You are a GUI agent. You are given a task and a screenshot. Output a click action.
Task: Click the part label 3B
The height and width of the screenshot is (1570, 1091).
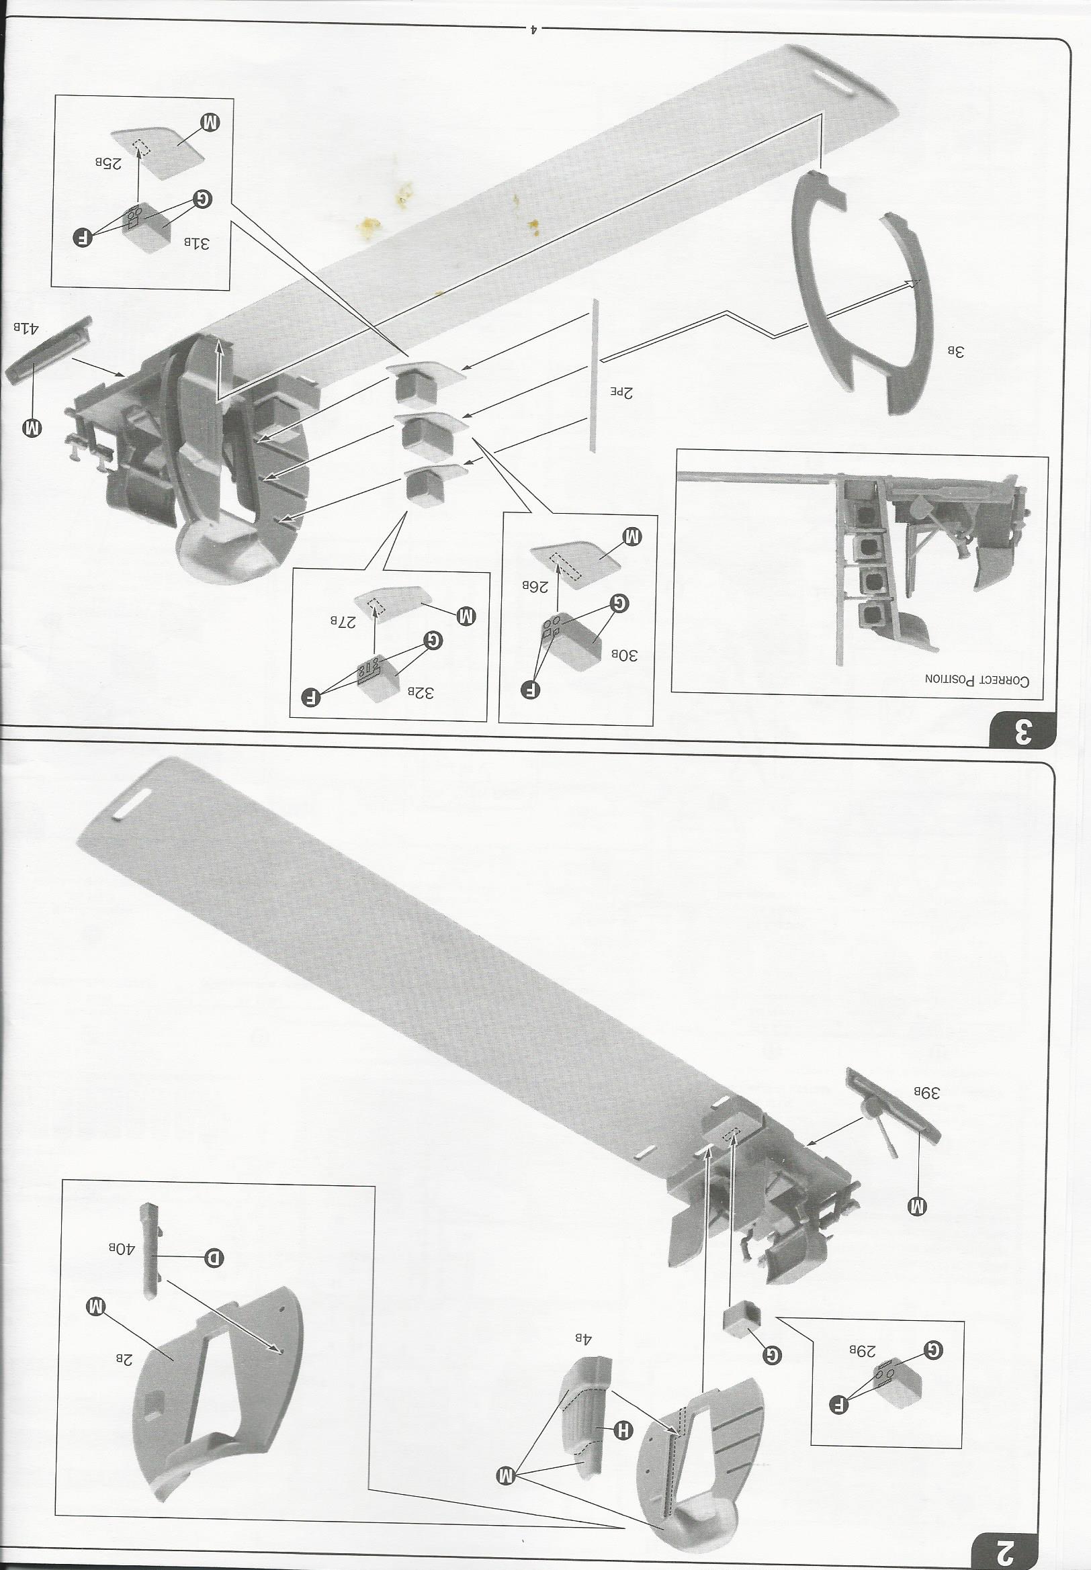(955, 352)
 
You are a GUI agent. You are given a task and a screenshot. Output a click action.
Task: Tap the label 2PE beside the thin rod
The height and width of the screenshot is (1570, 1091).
(621, 392)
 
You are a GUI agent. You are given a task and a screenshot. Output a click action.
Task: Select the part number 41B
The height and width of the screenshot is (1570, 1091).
(24, 327)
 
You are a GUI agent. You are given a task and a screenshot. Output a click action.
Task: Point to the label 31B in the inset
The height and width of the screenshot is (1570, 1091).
(197, 243)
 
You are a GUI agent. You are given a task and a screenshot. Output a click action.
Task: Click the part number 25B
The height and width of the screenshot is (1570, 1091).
(108, 163)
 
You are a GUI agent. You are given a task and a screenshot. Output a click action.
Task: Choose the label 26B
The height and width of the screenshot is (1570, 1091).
(535, 586)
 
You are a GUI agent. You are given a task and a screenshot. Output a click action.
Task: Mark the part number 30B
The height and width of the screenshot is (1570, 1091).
(623, 655)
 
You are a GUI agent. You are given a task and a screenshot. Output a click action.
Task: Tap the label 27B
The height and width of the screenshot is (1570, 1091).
(344, 620)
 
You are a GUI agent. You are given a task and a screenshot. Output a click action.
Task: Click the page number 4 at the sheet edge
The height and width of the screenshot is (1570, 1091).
(535, 29)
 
